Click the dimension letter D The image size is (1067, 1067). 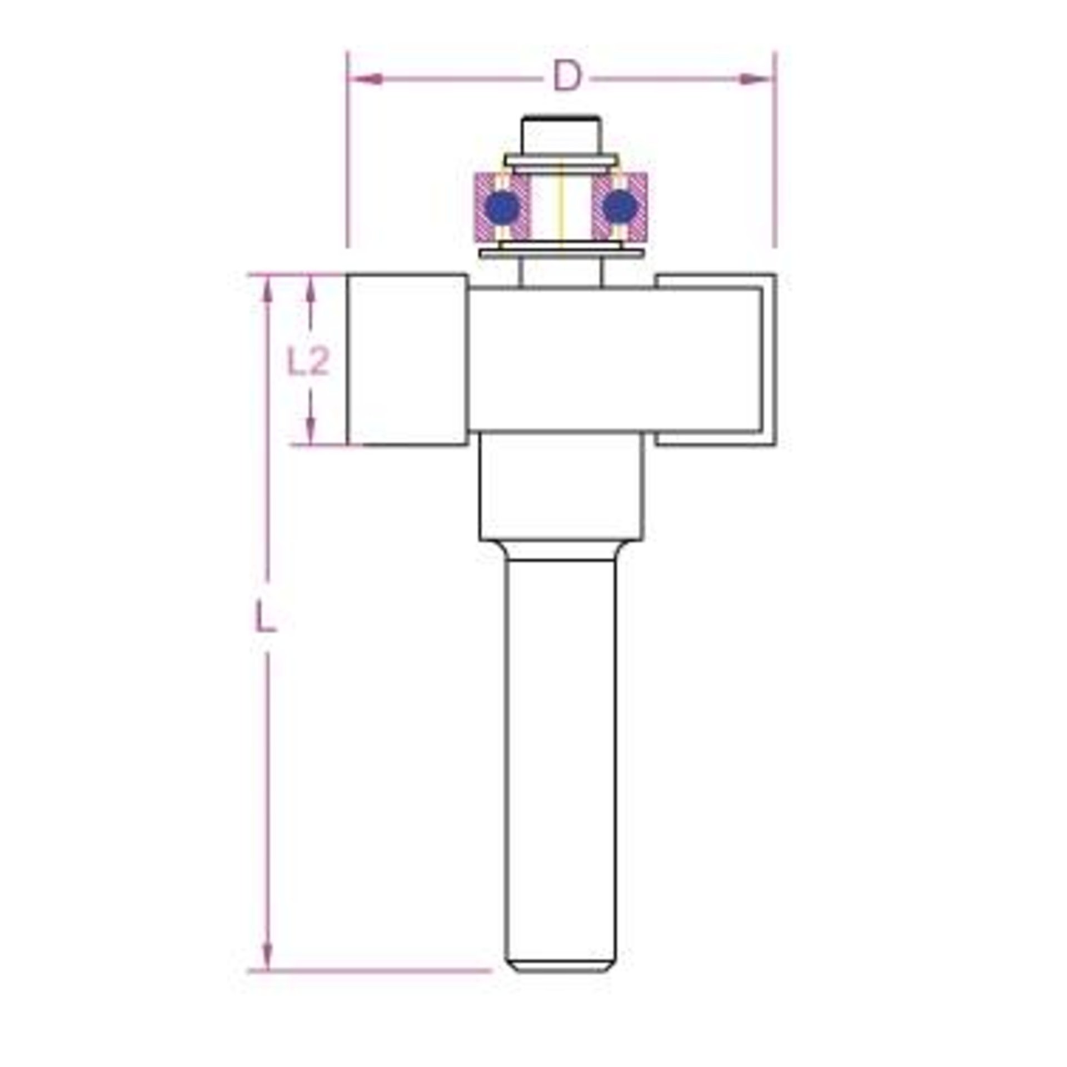(x=566, y=77)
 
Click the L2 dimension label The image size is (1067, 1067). (x=308, y=361)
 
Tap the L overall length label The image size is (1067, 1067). (x=266, y=617)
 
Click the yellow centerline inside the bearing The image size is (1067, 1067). (x=562, y=206)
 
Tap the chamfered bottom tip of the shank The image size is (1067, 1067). (x=561, y=965)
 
